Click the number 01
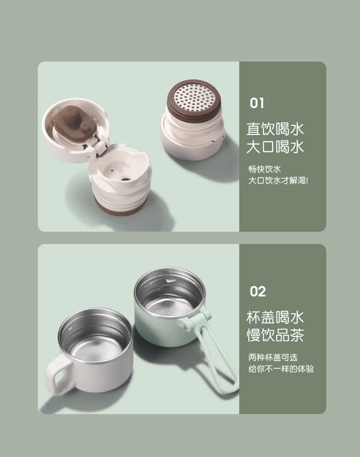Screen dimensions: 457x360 coord(257,103)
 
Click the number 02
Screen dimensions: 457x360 coord(257,291)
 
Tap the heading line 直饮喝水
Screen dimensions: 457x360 coord(275,129)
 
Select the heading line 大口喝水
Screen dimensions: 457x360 coord(275,147)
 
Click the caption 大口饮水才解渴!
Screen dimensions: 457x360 coord(278,181)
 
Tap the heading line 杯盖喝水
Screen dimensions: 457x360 coord(275,317)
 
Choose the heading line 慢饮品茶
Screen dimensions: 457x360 coord(275,337)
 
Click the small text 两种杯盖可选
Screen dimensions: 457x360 coord(273,358)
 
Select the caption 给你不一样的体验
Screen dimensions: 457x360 coord(281,369)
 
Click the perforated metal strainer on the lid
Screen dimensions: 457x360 coord(195,97)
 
